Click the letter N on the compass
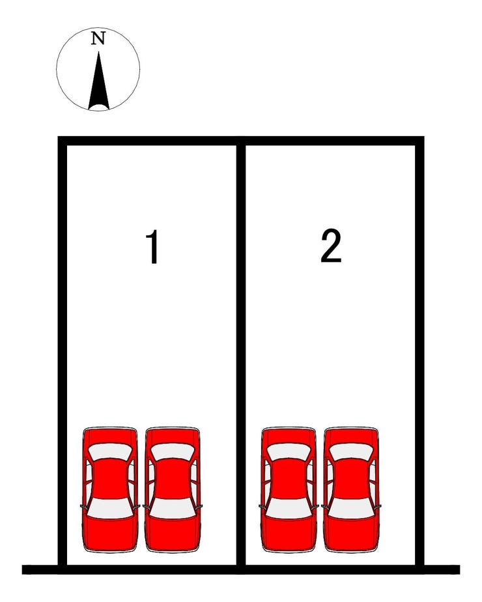click(x=98, y=38)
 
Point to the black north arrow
click(x=98, y=81)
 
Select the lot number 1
click(x=153, y=247)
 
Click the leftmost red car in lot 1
click(x=110, y=489)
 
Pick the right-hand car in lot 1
click(x=173, y=489)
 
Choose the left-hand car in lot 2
click(x=289, y=489)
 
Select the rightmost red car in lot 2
click(x=351, y=489)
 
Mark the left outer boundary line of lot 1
click(x=62, y=351)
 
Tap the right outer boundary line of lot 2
click(x=419, y=351)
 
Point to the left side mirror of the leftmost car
click(x=83, y=506)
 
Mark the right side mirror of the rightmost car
click(x=378, y=506)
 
